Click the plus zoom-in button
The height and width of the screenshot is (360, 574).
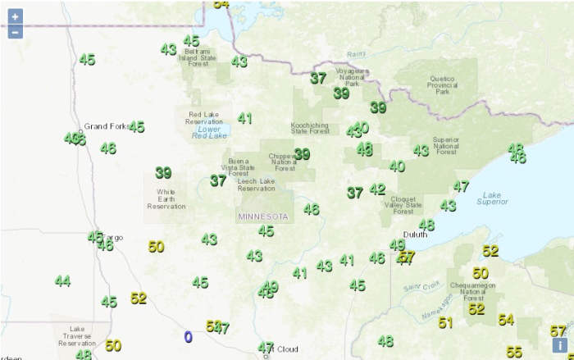[x=15, y=16]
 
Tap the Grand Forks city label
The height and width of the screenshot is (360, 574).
[x=104, y=126]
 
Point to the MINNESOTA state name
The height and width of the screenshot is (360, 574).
[x=262, y=216]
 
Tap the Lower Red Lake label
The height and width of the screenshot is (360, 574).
[x=209, y=132]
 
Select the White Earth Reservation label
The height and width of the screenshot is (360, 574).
[x=166, y=199]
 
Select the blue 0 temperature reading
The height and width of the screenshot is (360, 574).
[x=188, y=336]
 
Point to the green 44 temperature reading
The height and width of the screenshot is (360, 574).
[x=62, y=281]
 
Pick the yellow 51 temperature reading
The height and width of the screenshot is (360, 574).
[x=445, y=323]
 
